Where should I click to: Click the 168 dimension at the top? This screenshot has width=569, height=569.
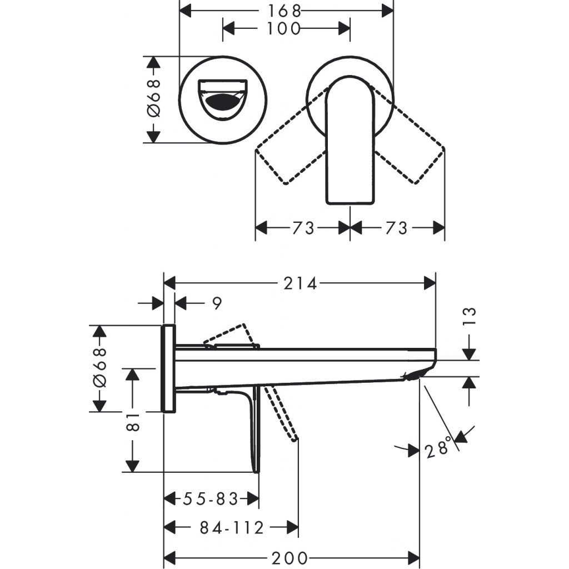pyautogui.click(x=286, y=10)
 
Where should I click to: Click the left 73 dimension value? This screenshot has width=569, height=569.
pyautogui.click(x=302, y=228)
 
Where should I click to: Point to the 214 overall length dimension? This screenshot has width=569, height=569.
pyautogui.click(x=300, y=283)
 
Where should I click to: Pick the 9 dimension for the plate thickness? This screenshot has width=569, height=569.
pyautogui.click(x=217, y=303)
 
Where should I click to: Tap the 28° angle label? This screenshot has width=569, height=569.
pyautogui.click(x=438, y=448)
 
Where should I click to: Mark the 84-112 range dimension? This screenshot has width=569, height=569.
pyautogui.click(x=231, y=528)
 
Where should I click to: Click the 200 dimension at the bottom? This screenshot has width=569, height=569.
pyautogui.click(x=291, y=557)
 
